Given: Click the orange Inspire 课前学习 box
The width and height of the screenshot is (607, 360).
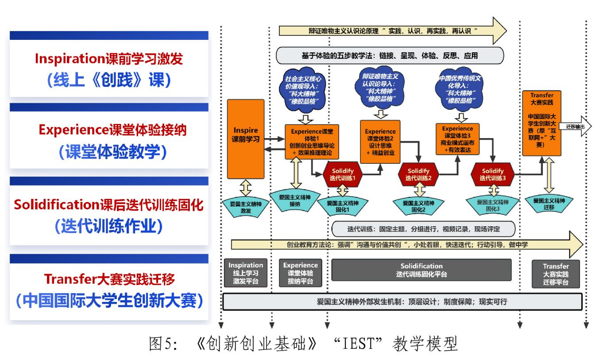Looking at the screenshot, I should (x=245, y=139).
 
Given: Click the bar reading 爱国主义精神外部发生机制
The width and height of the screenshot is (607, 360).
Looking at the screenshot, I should (x=402, y=302).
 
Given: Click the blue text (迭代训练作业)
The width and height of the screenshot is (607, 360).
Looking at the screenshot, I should (x=108, y=226).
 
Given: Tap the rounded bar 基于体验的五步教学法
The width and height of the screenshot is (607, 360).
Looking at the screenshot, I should (x=390, y=55).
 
